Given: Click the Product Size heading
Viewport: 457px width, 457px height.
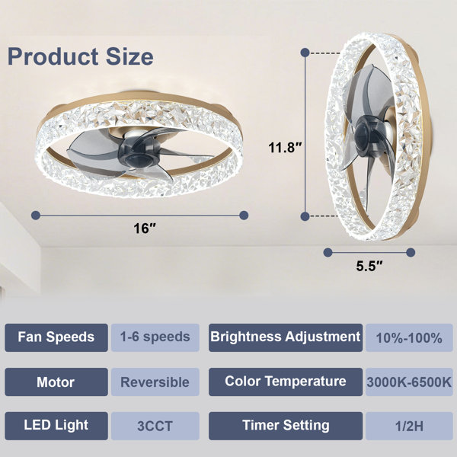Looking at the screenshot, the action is click(81, 57).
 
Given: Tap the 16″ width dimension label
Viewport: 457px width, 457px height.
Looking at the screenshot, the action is click(145, 228).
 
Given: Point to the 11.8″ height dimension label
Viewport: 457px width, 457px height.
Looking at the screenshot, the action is click(285, 147).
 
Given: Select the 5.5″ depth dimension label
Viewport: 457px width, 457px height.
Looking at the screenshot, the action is click(369, 266).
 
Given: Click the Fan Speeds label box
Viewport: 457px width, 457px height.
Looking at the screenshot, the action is click(56, 337).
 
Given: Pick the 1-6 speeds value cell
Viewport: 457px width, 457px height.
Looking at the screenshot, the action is click(155, 337).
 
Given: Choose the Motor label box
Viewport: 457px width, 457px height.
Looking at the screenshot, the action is click(56, 382).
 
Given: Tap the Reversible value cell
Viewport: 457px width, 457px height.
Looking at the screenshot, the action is click(155, 382).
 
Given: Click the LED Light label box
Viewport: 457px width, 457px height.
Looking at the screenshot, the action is click(56, 426).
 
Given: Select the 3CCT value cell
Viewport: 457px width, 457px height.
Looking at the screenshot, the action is click(155, 426).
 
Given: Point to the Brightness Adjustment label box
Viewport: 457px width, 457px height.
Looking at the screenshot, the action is click(286, 337).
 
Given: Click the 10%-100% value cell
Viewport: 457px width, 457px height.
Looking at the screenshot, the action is click(409, 337).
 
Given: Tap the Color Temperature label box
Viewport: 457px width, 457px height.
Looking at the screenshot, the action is click(286, 382).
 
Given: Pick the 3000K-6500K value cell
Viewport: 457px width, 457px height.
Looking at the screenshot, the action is click(409, 382).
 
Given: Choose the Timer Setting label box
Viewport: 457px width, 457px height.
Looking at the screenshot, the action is click(286, 426).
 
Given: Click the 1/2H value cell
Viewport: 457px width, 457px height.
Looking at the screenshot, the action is click(409, 426).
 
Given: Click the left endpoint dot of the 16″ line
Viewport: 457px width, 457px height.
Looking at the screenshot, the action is click(36, 216).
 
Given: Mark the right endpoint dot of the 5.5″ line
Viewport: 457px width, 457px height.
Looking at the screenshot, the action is click(411, 252).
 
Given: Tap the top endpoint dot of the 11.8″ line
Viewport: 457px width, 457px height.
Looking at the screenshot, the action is click(305, 53).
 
